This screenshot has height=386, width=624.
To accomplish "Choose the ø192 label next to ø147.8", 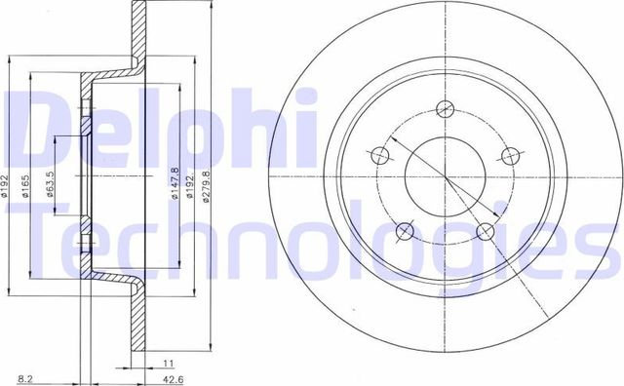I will click(x=190, y=181).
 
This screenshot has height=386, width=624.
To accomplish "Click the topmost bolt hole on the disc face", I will click(x=446, y=109).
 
